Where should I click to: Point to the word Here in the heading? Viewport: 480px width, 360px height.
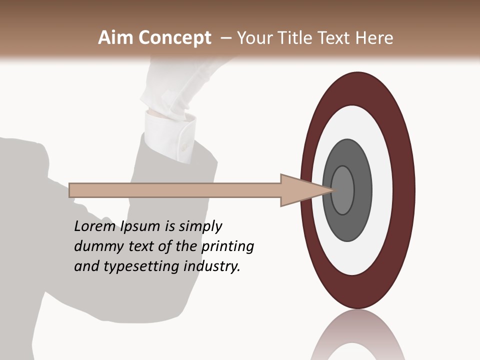pos(374,38)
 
